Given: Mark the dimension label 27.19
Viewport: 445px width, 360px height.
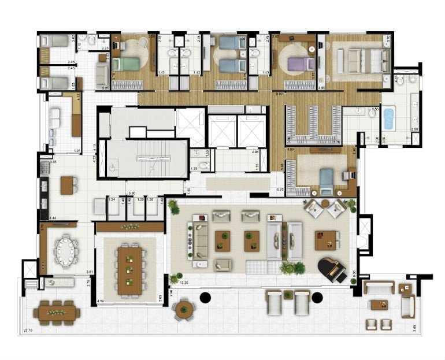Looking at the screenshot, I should [x=28, y=330].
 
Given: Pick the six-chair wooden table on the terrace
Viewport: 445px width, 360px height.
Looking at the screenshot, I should [x=57, y=313].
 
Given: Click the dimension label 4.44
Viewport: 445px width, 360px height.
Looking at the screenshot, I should [x=53, y=218].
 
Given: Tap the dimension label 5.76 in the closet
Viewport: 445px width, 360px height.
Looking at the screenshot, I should [x=338, y=142].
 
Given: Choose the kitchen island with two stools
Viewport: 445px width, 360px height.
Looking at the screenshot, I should [x=68, y=184].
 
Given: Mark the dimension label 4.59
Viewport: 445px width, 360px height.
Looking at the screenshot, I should [x=101, y=300].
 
